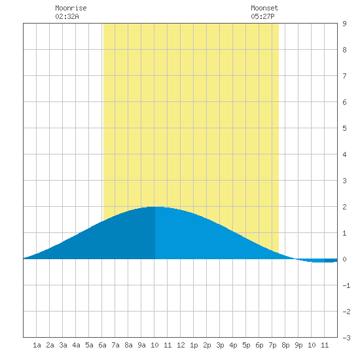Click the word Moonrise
[71, 8]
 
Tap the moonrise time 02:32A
[67, 16]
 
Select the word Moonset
[264, 8]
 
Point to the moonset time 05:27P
[262, 16]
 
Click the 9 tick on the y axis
[344, 24]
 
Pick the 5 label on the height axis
[344, 128]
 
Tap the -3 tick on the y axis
[346, 338]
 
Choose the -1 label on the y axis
[346, 285]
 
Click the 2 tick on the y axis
[344, 207]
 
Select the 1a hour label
[37, 345]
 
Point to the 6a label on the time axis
[102, 345]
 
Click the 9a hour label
[141, 345]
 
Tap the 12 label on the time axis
[181, 345]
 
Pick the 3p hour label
[220, 345]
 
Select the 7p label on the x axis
[272, 345]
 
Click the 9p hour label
[298, 345]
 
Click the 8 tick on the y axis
[344, 50]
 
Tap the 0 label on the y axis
[344, 259]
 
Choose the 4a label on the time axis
[76, 345]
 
